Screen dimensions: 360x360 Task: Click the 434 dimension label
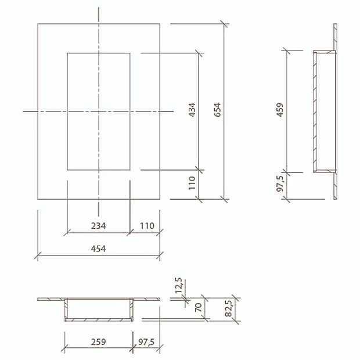tap(192, 110)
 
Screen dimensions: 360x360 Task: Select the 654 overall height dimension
tap(218, 110)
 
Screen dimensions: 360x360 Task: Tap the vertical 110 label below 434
tap(192, 185)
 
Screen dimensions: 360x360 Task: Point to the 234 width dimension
tap(98, 225)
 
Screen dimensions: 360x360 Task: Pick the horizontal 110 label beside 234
tap(145, 225)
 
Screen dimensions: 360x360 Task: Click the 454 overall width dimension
tap(98, 248)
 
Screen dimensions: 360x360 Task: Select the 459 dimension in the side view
tap(280, 110)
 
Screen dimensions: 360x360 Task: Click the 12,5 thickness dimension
tap(178, 286)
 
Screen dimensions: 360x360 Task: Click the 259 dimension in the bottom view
tap(98, 342)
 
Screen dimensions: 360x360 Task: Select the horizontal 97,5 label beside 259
tap(146, 342)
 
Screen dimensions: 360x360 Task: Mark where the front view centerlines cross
tap(99, 110)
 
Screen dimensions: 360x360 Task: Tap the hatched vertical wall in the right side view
tap(315, 110)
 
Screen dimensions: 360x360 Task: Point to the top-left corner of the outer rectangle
tap(38, 24)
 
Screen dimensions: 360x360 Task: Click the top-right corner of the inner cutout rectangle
tap(130, 53)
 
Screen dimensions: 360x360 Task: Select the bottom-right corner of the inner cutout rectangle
tap(130, 170)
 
